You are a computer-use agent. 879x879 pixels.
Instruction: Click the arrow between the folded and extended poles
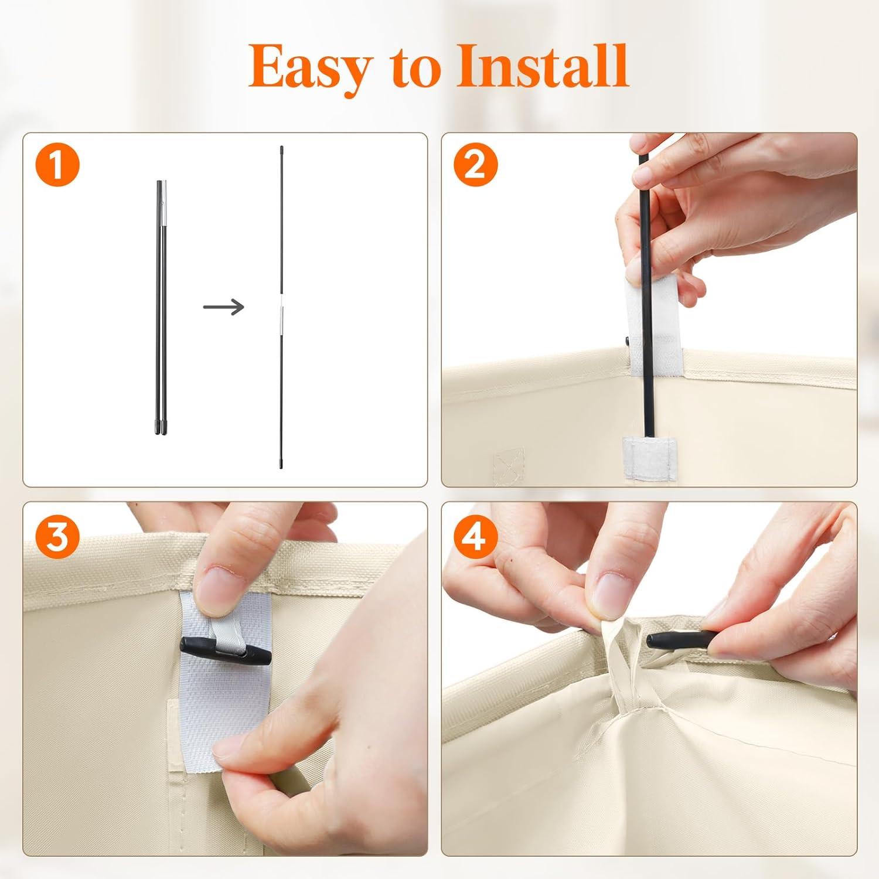pyautogui.click(x=223, y=306)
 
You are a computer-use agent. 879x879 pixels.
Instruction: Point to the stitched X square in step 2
pyautogui.click(x=508, y=466)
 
